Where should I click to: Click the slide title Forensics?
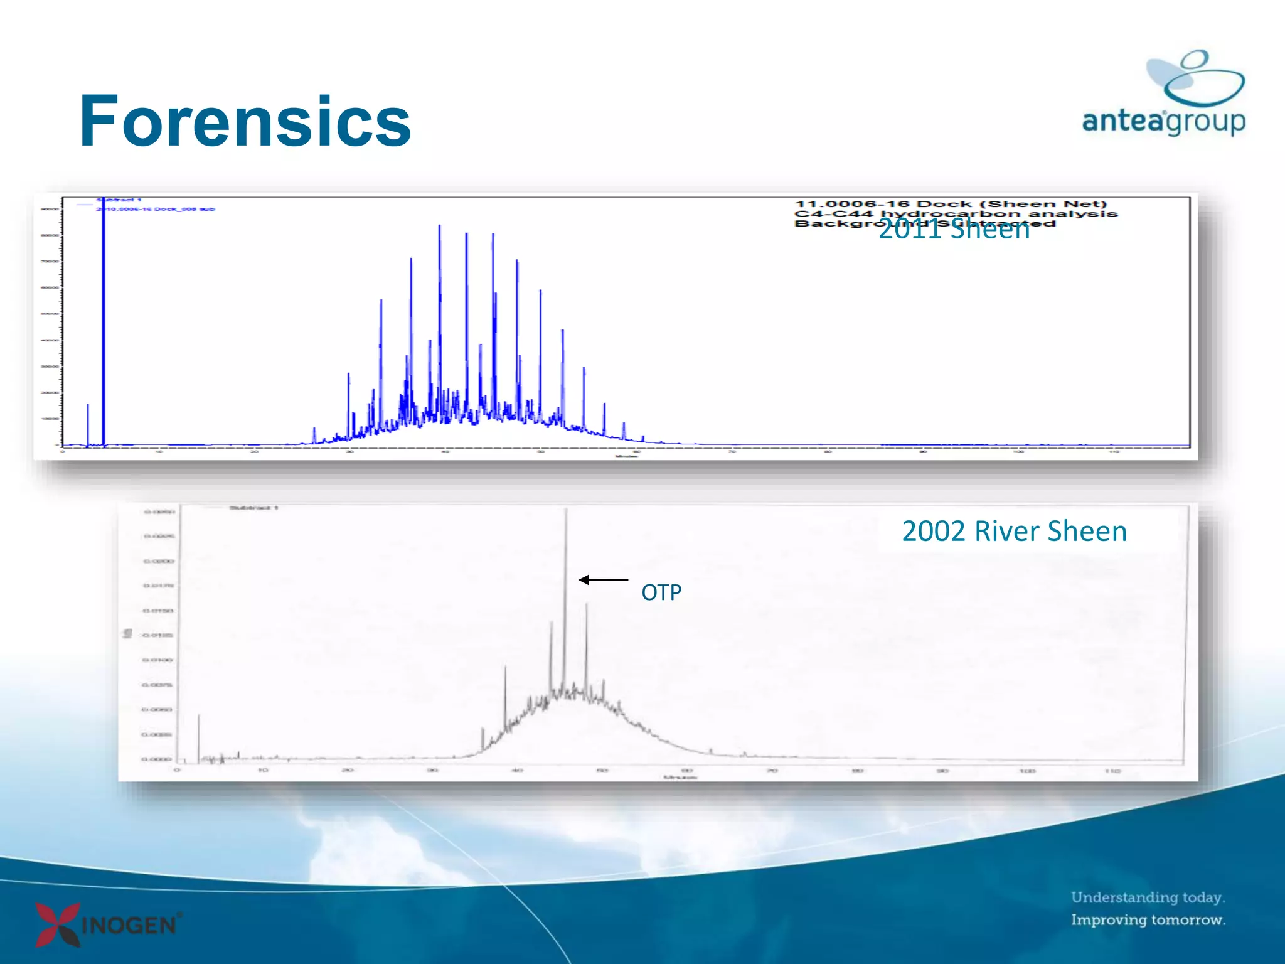(x=245, y=120)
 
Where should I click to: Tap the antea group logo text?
(x=1163, y=120)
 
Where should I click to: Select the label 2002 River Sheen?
(x=1014, y=532)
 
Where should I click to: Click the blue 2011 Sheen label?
(x=954, y=230)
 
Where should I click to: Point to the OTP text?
(x=661, y=592)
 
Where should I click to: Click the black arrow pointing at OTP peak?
(x=602, y=580)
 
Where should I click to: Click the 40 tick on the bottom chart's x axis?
(x=517, y=770)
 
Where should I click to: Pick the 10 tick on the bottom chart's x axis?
(x=263, y=770)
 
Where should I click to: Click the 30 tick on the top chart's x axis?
(x=349, y=451)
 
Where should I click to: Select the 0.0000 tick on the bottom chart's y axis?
(x=156, y=759)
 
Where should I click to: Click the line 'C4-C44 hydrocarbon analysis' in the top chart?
(x=956, y=213)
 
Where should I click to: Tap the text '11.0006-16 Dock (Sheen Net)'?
(x=951, y=204)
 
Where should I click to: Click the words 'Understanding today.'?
(x=1148, y=897)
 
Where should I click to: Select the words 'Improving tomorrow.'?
(x=1148, y=920)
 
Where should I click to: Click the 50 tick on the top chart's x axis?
(x=541, y=451)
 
